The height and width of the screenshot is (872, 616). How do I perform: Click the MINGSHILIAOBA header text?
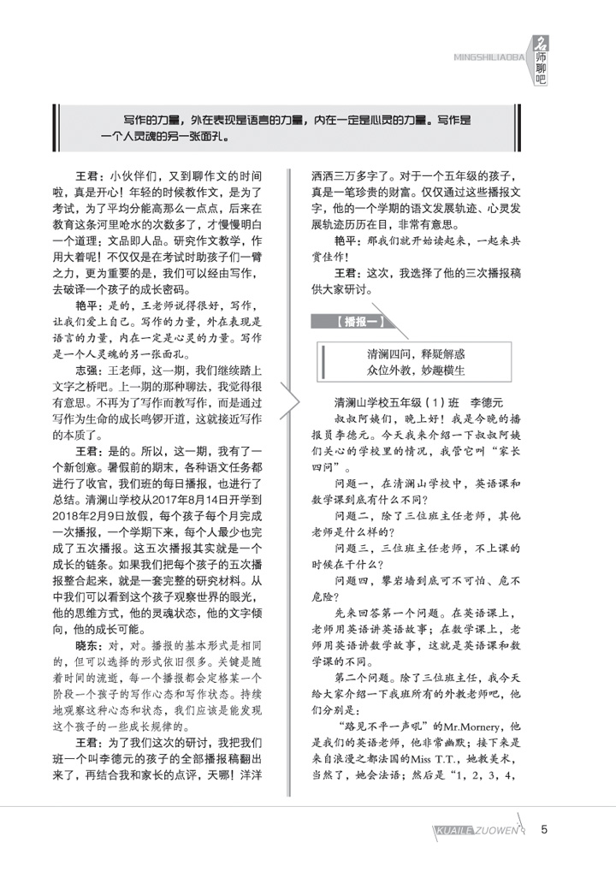coord(485,58)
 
